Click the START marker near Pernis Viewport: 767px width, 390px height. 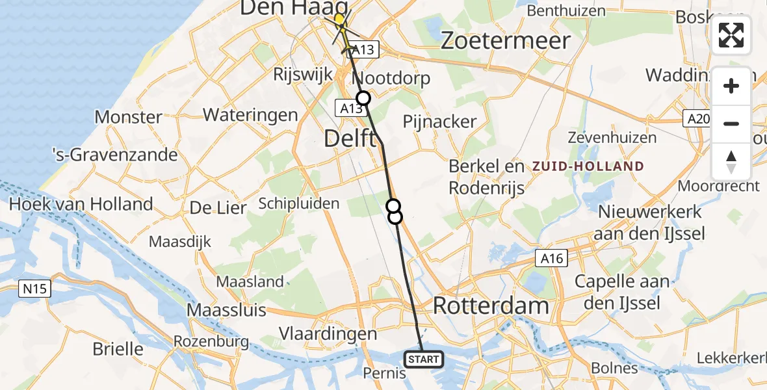tap(424, 359)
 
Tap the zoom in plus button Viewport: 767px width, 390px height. tap(731, 86)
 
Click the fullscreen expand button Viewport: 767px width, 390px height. tap(731, 35)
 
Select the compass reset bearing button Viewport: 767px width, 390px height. tap(731, 162)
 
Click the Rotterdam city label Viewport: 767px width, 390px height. tap(491, 305)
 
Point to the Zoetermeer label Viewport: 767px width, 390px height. tap(505, 40)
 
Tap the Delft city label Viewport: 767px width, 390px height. tap(349, 138)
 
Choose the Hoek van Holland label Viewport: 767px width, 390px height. tap(81, 203)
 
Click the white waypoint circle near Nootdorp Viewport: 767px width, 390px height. tap(363, 98)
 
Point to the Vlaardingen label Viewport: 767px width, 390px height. tap(328, 334)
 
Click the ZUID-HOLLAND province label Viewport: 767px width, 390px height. tap(588, 166)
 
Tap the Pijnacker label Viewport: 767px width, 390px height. tap(439, 122)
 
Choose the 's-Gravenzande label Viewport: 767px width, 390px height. tap(115, 155)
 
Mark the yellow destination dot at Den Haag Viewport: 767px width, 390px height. tap(339, 19)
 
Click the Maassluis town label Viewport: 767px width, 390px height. tap(226, 309)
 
